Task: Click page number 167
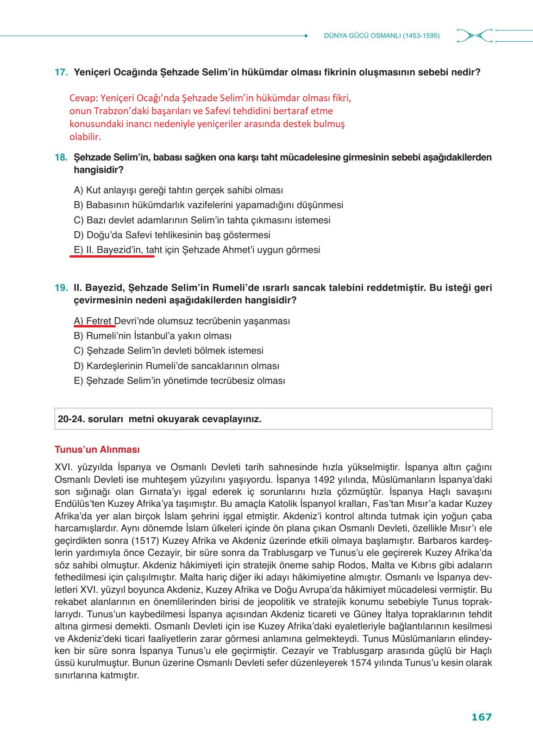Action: pyautogui.click(x=481, y=717)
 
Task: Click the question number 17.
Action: pyautogui.click(x=61, y=73)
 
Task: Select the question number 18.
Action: pyautogui.click(x=61, y=157)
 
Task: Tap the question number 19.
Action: pyautogui.click(x=61, y=288)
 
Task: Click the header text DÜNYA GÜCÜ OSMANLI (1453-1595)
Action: pyautogui.click(x=382, y=36)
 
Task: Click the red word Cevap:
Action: pyautogui.click(x=82, y=98)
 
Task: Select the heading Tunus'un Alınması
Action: pyautogui.click(x=97, y=449)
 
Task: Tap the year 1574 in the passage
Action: pyautogui.click(x=362, y=663)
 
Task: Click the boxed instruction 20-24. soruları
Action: pyautogui.click(x=160, y=419)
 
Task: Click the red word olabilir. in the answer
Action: pyautogui.click(x=85, y=137)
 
